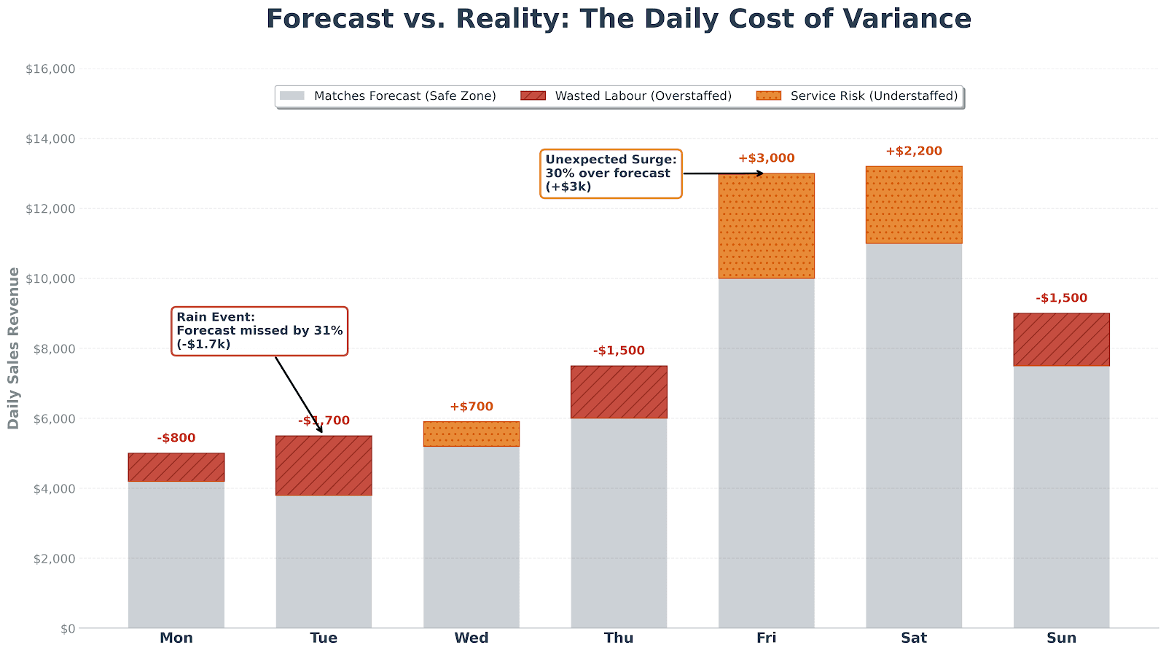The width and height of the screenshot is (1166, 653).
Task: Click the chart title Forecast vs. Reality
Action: tap(618, 19)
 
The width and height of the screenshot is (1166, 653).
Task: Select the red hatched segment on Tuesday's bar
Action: tap(324, 466)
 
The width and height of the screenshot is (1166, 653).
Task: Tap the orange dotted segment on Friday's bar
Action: tap(766, 226)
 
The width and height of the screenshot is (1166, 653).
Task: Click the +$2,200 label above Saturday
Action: tap(913, 152)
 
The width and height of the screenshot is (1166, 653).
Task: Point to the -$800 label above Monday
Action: tap(176, 438)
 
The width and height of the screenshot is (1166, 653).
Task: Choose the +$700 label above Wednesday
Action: tap(471, 407)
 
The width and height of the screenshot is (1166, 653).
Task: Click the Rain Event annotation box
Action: tap(259, 331)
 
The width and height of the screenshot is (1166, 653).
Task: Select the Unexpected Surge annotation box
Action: tap(611, 173)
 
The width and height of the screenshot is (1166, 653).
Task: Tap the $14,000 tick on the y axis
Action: tap(50, 139)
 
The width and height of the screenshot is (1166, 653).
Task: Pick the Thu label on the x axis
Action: tap(618, 638)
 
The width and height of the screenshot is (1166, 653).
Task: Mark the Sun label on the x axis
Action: tap(1061, 638)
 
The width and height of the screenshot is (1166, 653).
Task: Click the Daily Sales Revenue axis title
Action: tap(14, 348)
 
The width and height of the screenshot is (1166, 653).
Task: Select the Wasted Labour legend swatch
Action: tap(533, 96)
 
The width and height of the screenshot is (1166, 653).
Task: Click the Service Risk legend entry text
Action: tap(874, 96)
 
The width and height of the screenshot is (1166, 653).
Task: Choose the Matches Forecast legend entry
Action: tap(404, 96)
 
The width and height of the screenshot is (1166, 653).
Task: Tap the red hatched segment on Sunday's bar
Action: tap(1061, 340)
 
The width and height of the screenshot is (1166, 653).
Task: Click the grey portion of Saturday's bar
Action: tap(913, 437)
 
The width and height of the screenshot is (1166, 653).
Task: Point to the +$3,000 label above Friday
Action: tap(766, 158)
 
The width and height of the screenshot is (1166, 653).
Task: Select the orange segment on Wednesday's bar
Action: tap(471, 434)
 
